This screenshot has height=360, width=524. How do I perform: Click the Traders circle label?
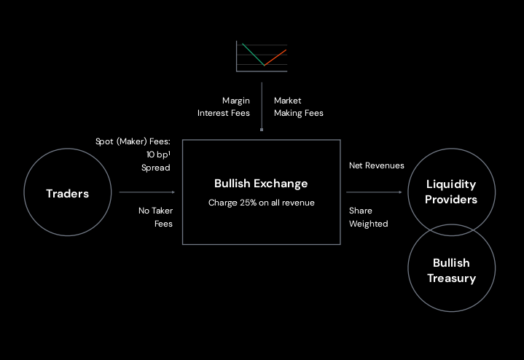point(67,193)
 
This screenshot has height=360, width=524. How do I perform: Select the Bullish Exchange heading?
point(261,184)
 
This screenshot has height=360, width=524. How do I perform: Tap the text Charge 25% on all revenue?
point(261,203)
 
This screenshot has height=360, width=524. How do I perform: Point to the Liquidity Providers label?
point(451,192)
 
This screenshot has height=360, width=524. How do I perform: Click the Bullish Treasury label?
point(451,270)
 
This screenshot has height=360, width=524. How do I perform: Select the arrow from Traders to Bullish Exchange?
point(146,192)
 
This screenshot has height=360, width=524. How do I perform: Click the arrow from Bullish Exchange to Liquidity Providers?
point(374,192)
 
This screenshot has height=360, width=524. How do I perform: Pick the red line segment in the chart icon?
point(275,57)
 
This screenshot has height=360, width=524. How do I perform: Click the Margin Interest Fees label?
point(224,106)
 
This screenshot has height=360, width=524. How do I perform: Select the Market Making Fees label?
point(298,106)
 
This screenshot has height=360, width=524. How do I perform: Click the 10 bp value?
point(156,154)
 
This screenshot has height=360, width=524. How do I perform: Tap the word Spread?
point(155,168)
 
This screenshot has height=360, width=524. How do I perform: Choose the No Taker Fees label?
point(155,217)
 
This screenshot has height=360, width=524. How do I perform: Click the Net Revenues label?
point(376,165)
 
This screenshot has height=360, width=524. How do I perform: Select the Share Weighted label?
point(368,217)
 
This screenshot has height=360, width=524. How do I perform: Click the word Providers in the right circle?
point(451,200)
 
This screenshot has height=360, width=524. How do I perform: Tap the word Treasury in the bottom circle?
point(451,278)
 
